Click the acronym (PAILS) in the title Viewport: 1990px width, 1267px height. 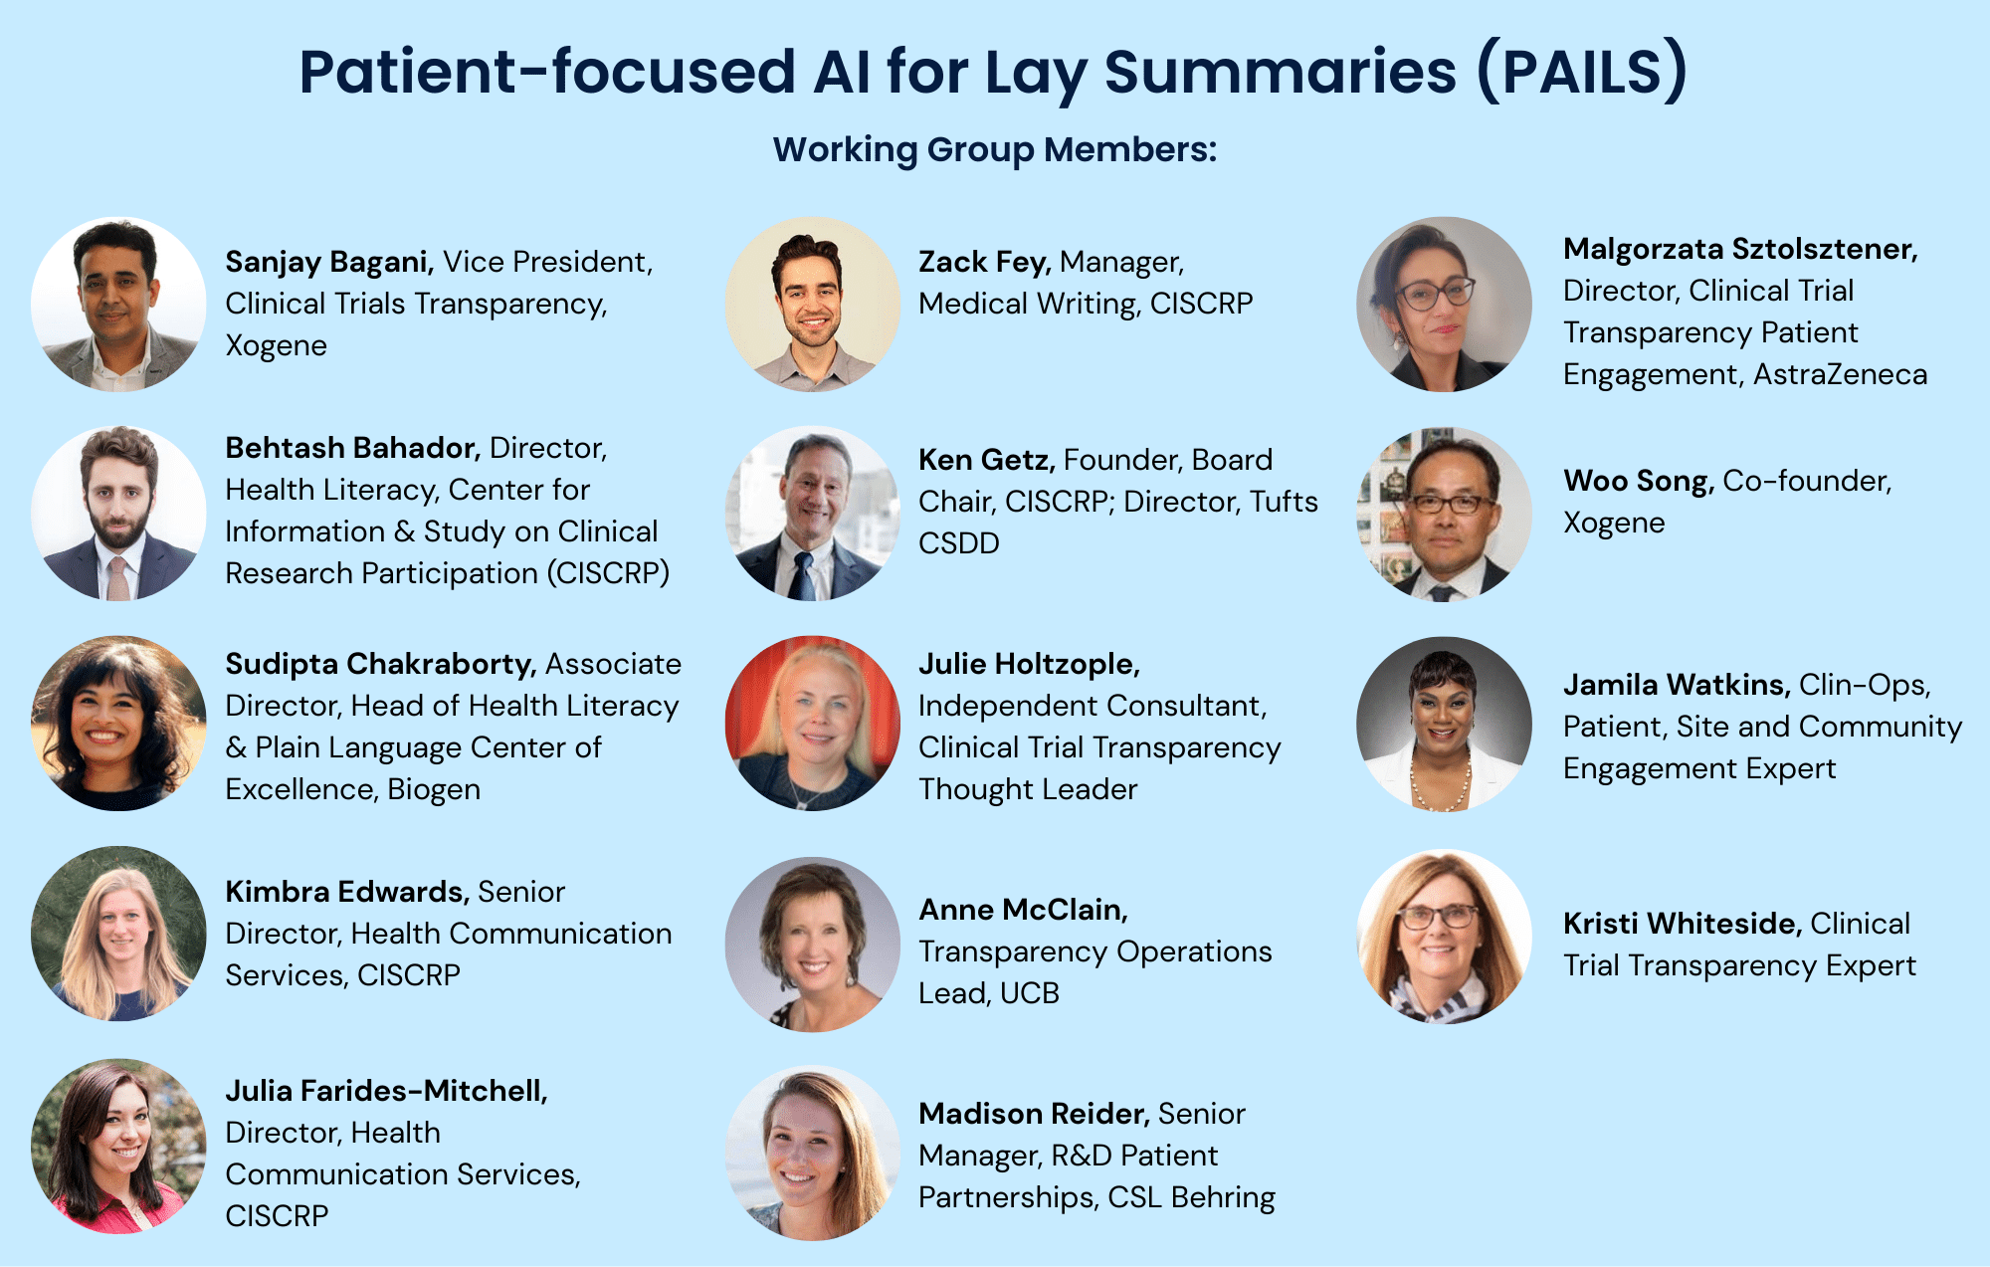pos(1582,72)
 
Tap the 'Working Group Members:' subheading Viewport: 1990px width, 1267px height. pos(995,149)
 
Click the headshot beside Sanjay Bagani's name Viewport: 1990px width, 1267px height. pos(118,304)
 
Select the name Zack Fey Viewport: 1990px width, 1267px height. pos(984,262)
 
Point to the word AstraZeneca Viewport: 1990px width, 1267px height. pos(1840,374)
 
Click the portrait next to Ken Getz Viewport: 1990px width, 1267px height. pos(813,514)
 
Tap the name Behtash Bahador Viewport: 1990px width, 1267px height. pos(353,448)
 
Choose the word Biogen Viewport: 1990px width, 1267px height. pos(434,789)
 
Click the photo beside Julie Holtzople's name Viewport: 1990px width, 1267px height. pos(813,724)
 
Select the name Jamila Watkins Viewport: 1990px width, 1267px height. pos(1677,685)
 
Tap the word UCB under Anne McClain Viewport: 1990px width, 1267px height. pos(1029,993)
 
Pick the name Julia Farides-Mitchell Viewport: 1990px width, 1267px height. pos(387,1091)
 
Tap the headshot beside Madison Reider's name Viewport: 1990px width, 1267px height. pos(813,1153)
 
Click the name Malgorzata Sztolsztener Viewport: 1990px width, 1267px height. pos(1740,249)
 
